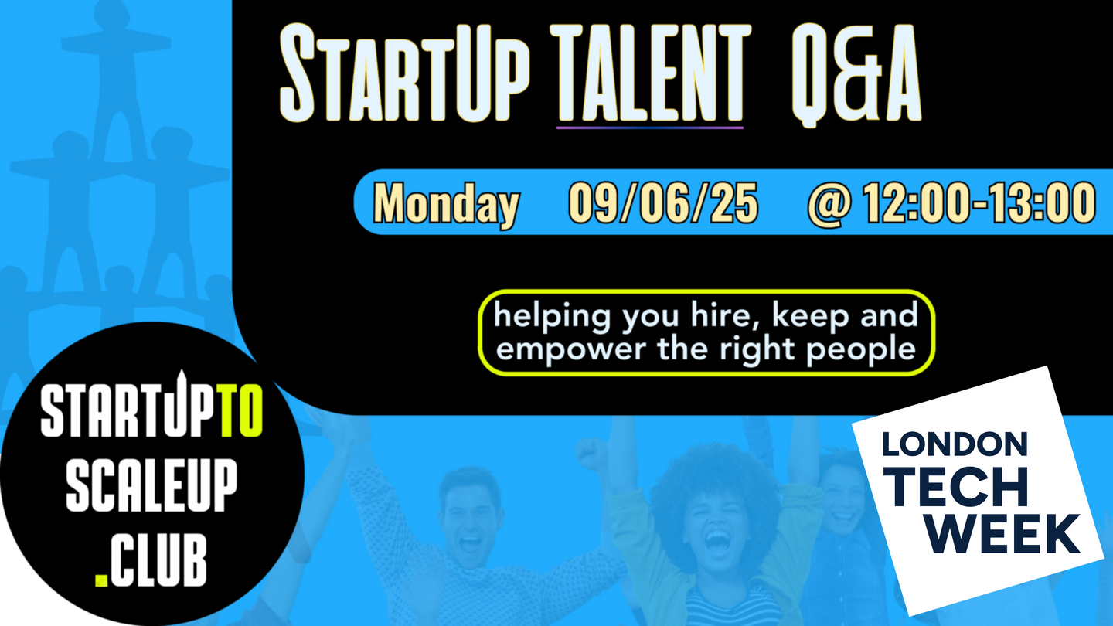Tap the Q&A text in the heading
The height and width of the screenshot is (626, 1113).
click(856, 73)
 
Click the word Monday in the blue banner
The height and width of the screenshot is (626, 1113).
click(446, 204)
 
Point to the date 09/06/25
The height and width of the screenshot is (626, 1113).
click(663, 202)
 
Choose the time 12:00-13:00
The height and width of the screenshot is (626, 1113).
click(979, 202)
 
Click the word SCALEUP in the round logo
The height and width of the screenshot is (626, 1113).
click(151, 485)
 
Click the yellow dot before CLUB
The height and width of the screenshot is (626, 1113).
click(100, 580)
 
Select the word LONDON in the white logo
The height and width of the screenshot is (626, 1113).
click(955, 444)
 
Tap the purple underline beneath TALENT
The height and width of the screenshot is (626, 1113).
click(650, 128)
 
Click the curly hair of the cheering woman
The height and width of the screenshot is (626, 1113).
click(716, 477)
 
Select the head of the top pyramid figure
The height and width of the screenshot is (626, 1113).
click(114, 15)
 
